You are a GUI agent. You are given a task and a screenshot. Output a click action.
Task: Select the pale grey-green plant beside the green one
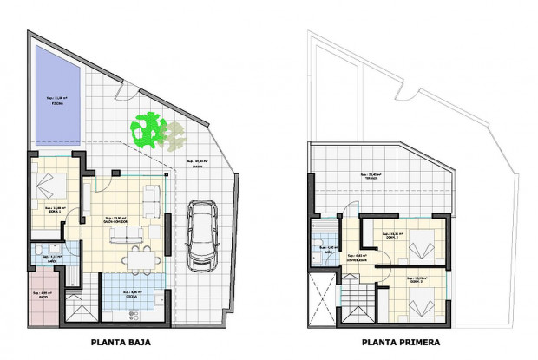point(176,133)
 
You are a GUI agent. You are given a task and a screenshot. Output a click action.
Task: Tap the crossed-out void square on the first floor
point(321,295)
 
